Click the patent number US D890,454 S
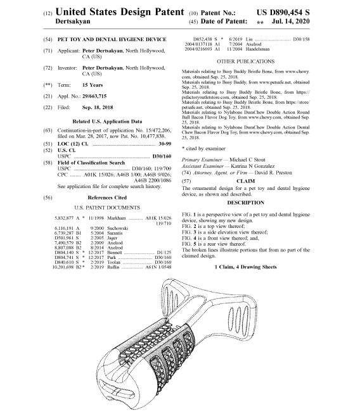coord(283,13)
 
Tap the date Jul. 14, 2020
coord(290,22)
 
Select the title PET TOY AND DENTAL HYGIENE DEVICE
coord(112,39)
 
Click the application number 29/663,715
coord(94,96)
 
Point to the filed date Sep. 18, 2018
coord(98,108)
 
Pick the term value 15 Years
coord(93,85)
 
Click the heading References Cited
coord(107,198)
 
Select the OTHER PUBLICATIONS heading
coord(245,61)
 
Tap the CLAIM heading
coord(245,181)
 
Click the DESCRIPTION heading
coord(245,203)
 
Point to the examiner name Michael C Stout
coord(247,160)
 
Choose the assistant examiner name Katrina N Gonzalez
coord(252,166)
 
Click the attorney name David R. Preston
coord(273,173)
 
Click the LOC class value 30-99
coord(165,144)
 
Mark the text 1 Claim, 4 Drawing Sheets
coord(245,267)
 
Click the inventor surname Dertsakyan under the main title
coord(73,22)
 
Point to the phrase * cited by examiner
coord(203,149)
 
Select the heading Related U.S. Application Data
coord(107,122)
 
